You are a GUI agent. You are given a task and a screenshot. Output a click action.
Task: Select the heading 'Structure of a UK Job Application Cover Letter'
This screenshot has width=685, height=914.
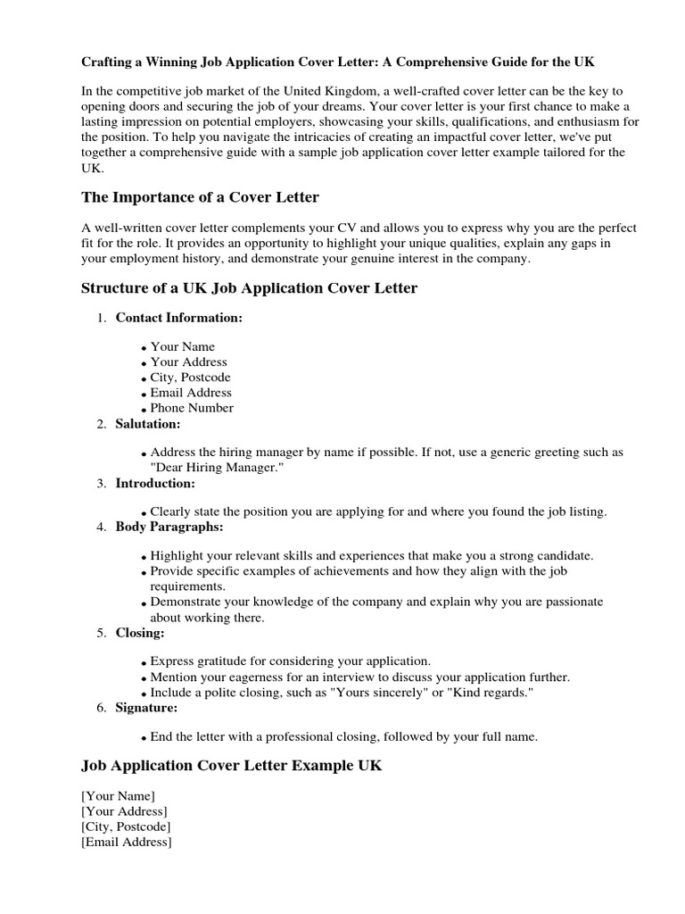pos(249,287)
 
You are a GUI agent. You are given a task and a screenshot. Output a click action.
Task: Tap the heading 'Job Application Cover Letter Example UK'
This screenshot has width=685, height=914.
pos(231,766)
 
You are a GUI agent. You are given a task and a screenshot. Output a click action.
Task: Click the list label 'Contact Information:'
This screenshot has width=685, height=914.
pos(178,318)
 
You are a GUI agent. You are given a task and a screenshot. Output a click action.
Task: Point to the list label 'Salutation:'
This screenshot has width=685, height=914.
pos(148,423)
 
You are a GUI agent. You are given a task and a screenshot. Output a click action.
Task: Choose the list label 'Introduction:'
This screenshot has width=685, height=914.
pos(155,483)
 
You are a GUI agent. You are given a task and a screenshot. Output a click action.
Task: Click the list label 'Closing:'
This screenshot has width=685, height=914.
pos(140,632)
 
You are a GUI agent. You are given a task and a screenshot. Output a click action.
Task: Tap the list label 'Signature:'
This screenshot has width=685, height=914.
pos(146,708)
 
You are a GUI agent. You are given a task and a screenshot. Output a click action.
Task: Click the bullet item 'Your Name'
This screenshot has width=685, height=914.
pos(182,346)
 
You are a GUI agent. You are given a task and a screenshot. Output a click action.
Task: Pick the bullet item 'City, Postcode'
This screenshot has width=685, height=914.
pos(191,378)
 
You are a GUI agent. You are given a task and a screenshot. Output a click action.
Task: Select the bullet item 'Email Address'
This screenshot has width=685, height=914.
pos(191,393)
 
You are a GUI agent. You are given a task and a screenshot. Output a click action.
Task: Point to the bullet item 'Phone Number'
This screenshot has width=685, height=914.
pos(192,408)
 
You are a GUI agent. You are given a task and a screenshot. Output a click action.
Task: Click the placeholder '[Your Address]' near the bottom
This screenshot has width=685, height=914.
pos(124,811)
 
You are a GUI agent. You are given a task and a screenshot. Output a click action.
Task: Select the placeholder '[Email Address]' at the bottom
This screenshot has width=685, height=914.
pos(127,842)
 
